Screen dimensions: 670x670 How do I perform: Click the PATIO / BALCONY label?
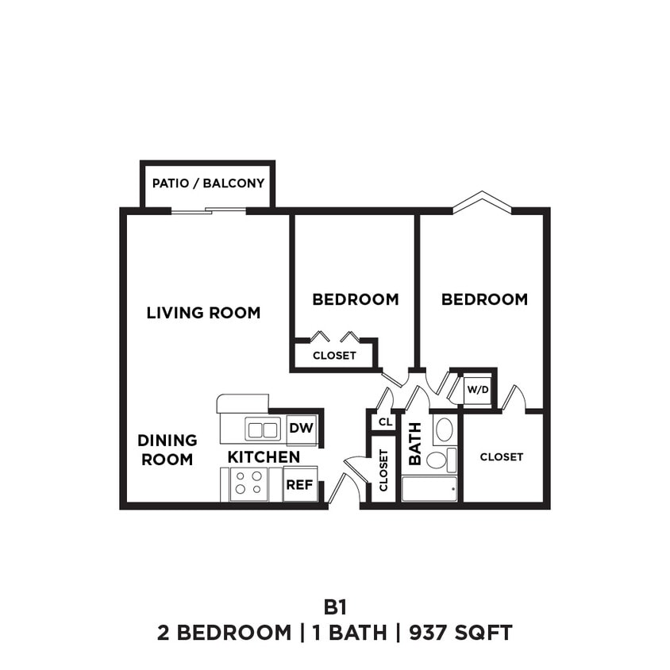click(208, 183)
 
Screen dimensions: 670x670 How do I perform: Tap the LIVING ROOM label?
click(203, 313)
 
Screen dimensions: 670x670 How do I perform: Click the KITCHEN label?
click(264, 457)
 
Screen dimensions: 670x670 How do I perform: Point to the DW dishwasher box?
click(301, 429)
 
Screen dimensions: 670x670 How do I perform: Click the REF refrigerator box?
click(300, 484)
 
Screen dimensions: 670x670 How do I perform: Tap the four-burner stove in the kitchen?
click(249, 484)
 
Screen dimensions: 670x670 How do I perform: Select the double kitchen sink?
click(262, 429)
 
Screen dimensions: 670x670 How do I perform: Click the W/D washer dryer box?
click(477, 390)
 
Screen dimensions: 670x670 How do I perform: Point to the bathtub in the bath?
click(429, 488)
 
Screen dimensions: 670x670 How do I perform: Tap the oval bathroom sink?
click(445, 429)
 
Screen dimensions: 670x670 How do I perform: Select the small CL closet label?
click(385, 422)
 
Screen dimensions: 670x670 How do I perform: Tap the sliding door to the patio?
click(209, 210)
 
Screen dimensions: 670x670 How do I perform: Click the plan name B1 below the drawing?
click(334, 607)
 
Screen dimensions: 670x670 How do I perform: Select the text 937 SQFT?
click(460, 633)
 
